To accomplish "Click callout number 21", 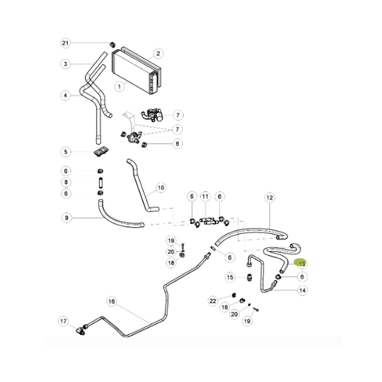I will [66, 43].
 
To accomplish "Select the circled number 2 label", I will [158, 53].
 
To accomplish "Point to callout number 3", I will [66, 64].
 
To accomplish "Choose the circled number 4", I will [66, 95].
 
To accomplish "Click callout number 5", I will [66, 152].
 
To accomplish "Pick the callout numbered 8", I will [66, 182].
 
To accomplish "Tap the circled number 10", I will [160, 188].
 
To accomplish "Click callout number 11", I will [205, 196].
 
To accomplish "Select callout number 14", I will [302, 290].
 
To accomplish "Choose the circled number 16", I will [112, 301].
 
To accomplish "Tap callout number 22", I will [213, 300].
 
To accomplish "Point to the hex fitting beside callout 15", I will [250, 277].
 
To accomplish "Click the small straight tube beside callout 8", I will [101, 182].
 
